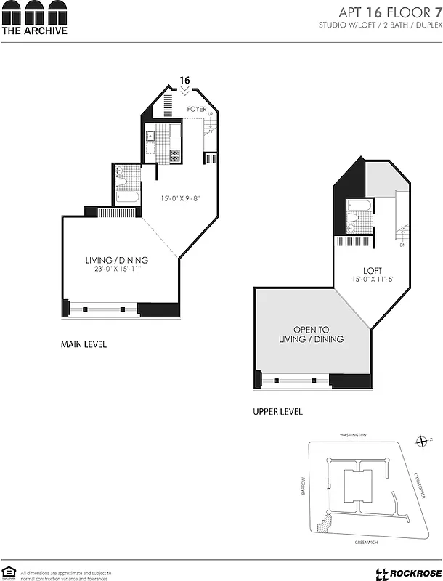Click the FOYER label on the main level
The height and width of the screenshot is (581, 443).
click(x=197, y=110)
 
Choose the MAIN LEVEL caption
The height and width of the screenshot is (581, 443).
click(x=84, y=344)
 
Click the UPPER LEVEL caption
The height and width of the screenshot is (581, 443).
click(x=277, y=412)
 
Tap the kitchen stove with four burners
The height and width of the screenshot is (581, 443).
click(x=175, y=155)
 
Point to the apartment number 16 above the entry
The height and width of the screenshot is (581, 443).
click(x=185, y=80)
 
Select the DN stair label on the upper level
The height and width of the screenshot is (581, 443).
click(x=402, y=245)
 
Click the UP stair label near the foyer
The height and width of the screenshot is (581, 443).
click(x=211, y=115)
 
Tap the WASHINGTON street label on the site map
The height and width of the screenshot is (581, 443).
click(x=354, y=435)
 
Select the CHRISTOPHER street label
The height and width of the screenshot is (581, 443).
click(x=419, y=485)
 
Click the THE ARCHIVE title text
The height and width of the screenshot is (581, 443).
click(x=34, y=31)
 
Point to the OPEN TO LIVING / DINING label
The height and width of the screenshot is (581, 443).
click(x=312, y=334)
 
